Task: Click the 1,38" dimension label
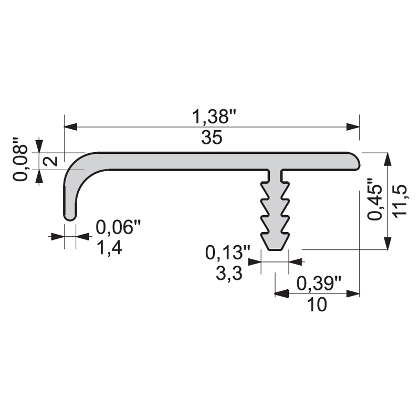(x=214, y=117)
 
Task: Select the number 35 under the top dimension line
(x=212, y=138)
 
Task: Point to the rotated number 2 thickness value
(x=50, y=161)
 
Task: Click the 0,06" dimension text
(x=118, y=227)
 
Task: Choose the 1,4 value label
(x=109, y=248)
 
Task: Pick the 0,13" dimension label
(x=228, y=253)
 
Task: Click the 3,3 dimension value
(x=229, y=274)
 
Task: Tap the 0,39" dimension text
(x=319, y=283)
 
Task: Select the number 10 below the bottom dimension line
(x=317, y=304)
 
